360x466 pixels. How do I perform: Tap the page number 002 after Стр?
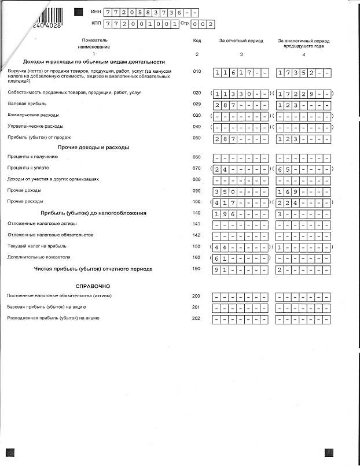(204, 24)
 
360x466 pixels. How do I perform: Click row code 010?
(197, 72)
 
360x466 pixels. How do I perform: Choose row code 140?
(197, 213)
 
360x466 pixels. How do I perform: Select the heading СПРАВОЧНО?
(93, 286)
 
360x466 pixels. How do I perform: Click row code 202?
(197, 318)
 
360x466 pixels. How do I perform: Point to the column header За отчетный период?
(241, 41)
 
